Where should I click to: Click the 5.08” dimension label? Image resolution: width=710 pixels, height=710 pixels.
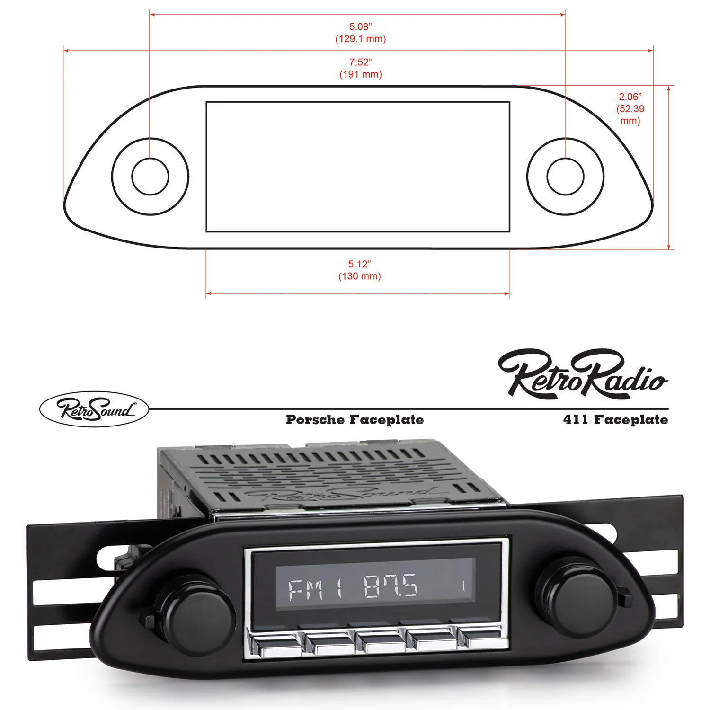360,27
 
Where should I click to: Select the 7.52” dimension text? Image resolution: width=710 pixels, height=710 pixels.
360,62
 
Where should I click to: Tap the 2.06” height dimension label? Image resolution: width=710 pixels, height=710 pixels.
630,97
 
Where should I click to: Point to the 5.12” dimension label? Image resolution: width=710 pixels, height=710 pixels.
359,264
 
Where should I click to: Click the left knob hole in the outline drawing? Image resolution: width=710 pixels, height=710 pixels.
150,176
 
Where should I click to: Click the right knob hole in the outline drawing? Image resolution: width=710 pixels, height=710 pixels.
565,176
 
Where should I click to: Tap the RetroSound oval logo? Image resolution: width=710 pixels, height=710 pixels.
94,409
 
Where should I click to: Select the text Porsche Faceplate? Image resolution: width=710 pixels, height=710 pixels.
355,420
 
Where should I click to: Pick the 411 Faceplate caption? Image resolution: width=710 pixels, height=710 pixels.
615,420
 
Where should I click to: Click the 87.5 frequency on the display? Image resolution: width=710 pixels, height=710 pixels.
391,586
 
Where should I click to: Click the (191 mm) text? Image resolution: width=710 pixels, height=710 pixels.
360,74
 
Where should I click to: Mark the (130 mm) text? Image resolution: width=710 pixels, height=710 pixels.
359,276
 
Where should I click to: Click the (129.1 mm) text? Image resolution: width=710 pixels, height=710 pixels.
360,39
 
